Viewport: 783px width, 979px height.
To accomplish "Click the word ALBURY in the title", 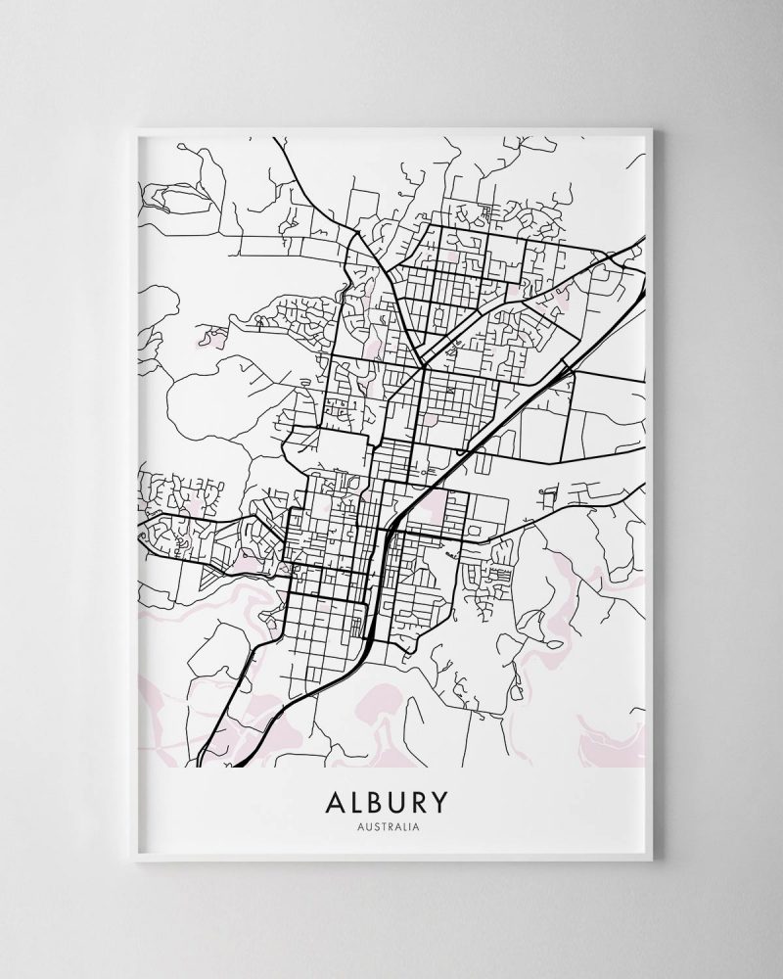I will pyautogui.click(x=391, y=803).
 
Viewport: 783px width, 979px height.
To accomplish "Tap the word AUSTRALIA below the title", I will pyautogui.click(x=391, y=828).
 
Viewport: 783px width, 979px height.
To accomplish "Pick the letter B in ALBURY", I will pyautogui.click(x=378, y=803).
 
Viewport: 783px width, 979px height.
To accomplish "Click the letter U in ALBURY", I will pyautogui.click(x=402, y=803).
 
